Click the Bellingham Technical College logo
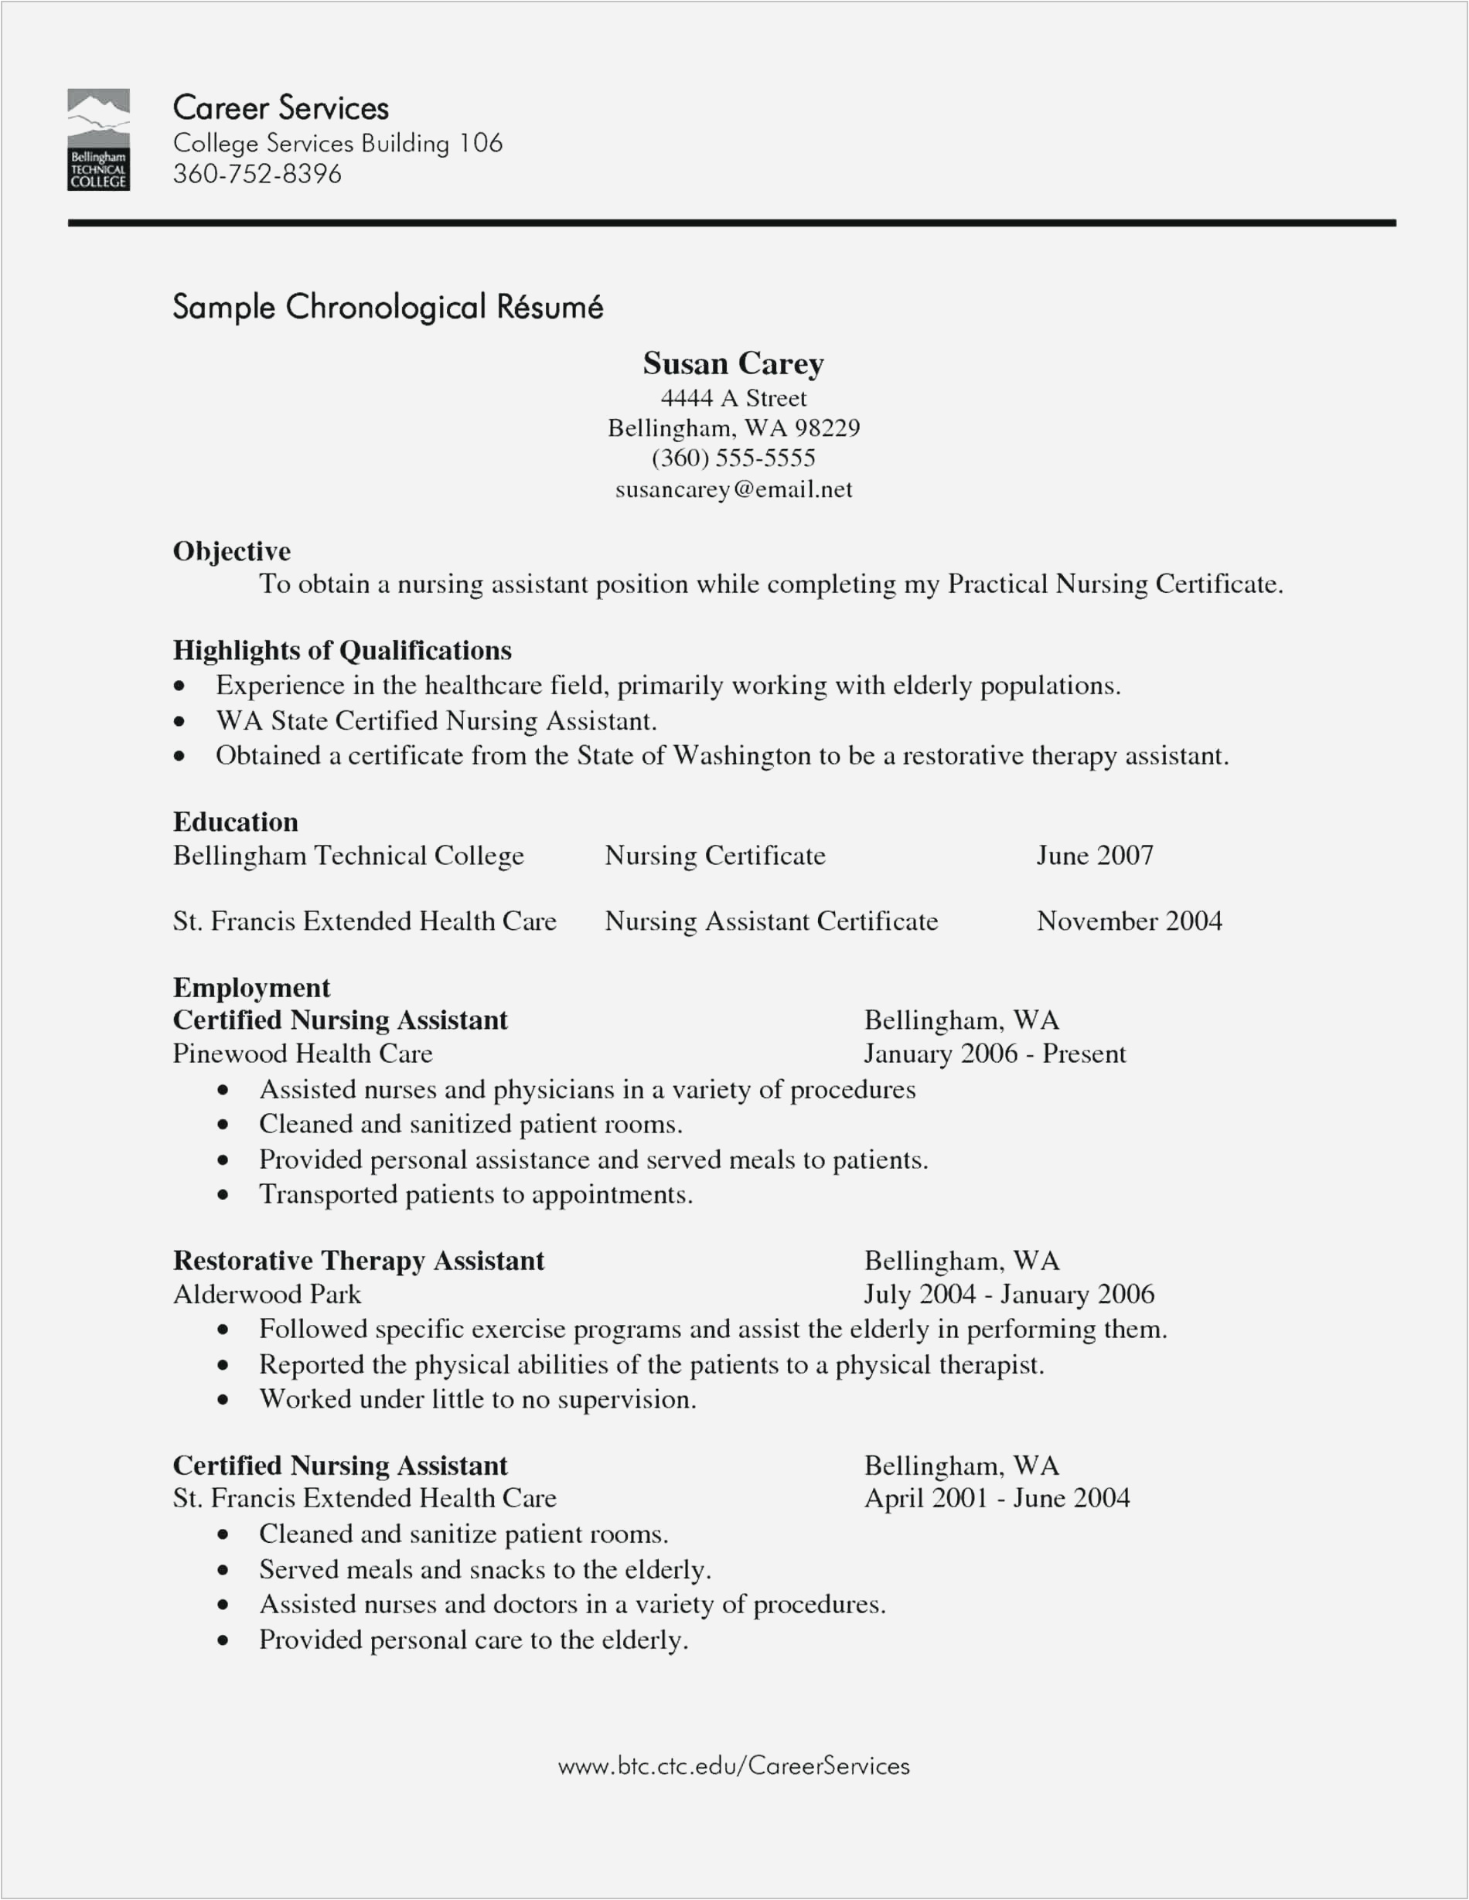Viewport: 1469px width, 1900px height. point(98,139)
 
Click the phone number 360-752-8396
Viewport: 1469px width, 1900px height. point(257,174)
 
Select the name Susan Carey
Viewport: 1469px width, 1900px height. point(733,363)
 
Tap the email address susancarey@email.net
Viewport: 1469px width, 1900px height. point(733,490)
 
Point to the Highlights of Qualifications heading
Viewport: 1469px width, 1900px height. point(342,650)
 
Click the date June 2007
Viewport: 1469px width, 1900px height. point(1094,855)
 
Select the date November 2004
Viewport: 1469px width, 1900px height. point(1129,921)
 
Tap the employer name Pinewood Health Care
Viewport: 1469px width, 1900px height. point(302,1054)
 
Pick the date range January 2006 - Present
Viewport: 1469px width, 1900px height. point(994,1054)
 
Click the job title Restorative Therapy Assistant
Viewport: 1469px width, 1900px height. point(358,1261)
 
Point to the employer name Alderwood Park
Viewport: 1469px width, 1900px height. point(266,1295)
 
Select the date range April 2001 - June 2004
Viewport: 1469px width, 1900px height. point(997,1497)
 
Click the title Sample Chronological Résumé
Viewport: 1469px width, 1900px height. point(387,307)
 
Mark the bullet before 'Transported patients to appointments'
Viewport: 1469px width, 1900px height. point(223,1195)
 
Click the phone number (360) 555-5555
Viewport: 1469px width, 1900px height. point(733,458)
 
